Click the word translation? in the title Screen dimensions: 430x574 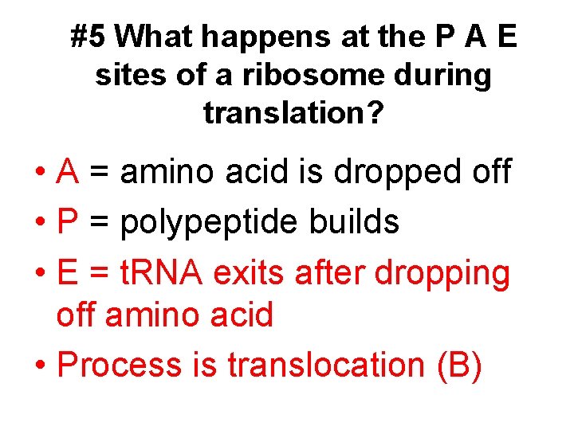pos(293,113)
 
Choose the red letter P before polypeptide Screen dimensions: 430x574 pos(68,223)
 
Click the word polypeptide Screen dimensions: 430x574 pos(210,223)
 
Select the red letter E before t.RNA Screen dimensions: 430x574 pos(68,273)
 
